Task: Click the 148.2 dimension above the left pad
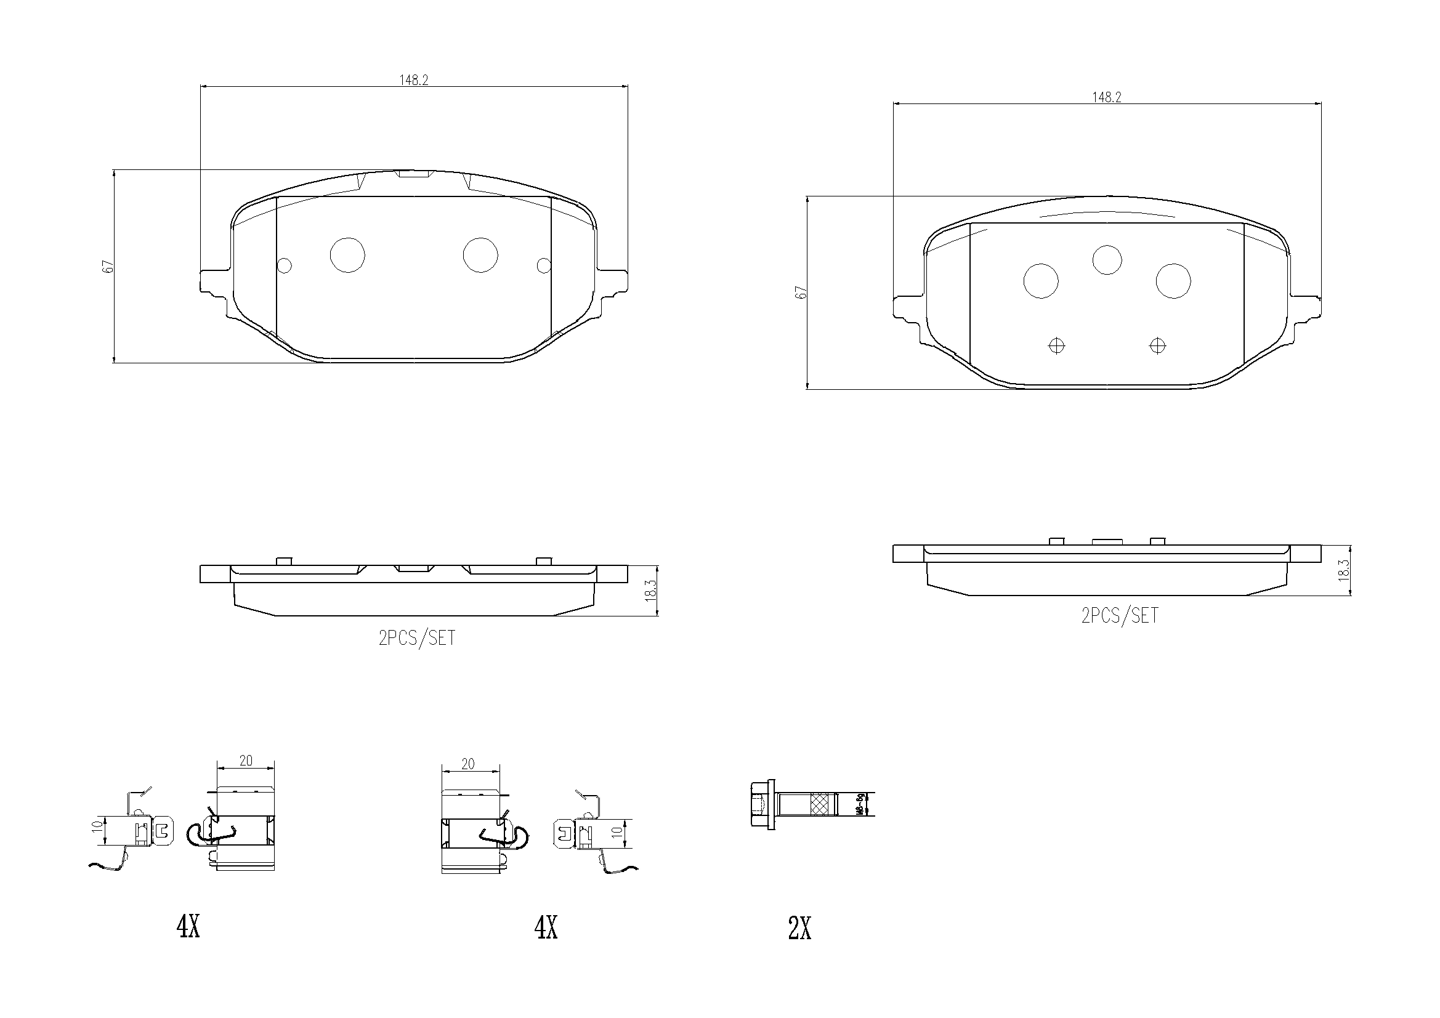[x=413, y=80]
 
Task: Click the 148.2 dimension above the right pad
[x=1106, y=98]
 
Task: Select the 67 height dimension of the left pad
[x=108, y=266]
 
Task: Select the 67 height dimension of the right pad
[x=801, y=293]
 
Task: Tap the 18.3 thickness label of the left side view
[x=650, y=591]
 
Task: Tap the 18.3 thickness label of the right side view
[x=1343, y=570]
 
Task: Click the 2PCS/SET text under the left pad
[x=416, y=638]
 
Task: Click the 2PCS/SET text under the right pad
[x=1119, y=616]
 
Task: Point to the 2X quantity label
[x=799, y=929]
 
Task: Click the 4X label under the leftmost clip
[x=188, y=926]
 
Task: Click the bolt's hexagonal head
[x=761, y=804]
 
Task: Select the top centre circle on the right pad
[x=1107, y=260]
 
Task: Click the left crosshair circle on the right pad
[x=1057, y=345]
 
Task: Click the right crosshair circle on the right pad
[x=1157, y=345]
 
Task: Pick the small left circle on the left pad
[x=284, y=266]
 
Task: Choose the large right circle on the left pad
[x=480, y=256]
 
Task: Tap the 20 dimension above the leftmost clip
[x=246, y=760]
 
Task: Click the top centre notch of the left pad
[x=413, y=174]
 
